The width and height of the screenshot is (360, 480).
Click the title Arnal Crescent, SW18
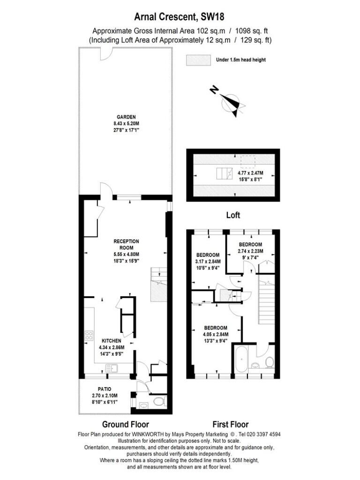point(180,16)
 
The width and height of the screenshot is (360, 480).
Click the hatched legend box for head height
point(198,60)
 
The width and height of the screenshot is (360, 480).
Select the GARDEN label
point(126,117)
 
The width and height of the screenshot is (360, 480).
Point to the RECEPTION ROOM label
point(126,244)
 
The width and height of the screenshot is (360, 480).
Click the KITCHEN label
point(112,341)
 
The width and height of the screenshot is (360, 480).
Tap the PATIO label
point(105,389)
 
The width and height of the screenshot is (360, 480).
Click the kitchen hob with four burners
point(89,336)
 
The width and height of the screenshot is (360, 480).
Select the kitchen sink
point(112,368)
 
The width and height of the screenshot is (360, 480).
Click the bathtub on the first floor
point(242,359)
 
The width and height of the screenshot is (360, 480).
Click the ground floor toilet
point(159,401)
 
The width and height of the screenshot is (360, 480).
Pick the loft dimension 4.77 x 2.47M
point(250,173)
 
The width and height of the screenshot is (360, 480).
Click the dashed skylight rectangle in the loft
point(248,162)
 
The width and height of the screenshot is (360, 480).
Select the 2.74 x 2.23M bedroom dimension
point(250,251)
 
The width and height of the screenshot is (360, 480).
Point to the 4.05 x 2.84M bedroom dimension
point(216,334)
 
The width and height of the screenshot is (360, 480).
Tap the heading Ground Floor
point(126,424)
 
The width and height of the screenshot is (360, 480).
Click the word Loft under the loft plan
point(233,215)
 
